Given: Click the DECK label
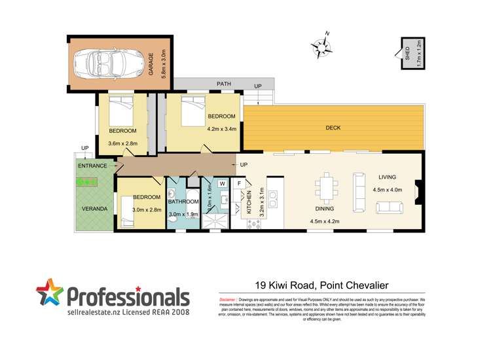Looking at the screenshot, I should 333,128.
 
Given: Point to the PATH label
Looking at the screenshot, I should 225,84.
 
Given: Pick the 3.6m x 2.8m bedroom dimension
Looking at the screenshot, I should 123,144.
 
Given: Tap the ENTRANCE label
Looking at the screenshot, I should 92,166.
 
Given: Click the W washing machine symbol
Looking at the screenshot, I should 223,184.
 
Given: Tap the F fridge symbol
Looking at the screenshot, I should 240,183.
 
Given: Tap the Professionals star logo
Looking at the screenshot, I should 50,294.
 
